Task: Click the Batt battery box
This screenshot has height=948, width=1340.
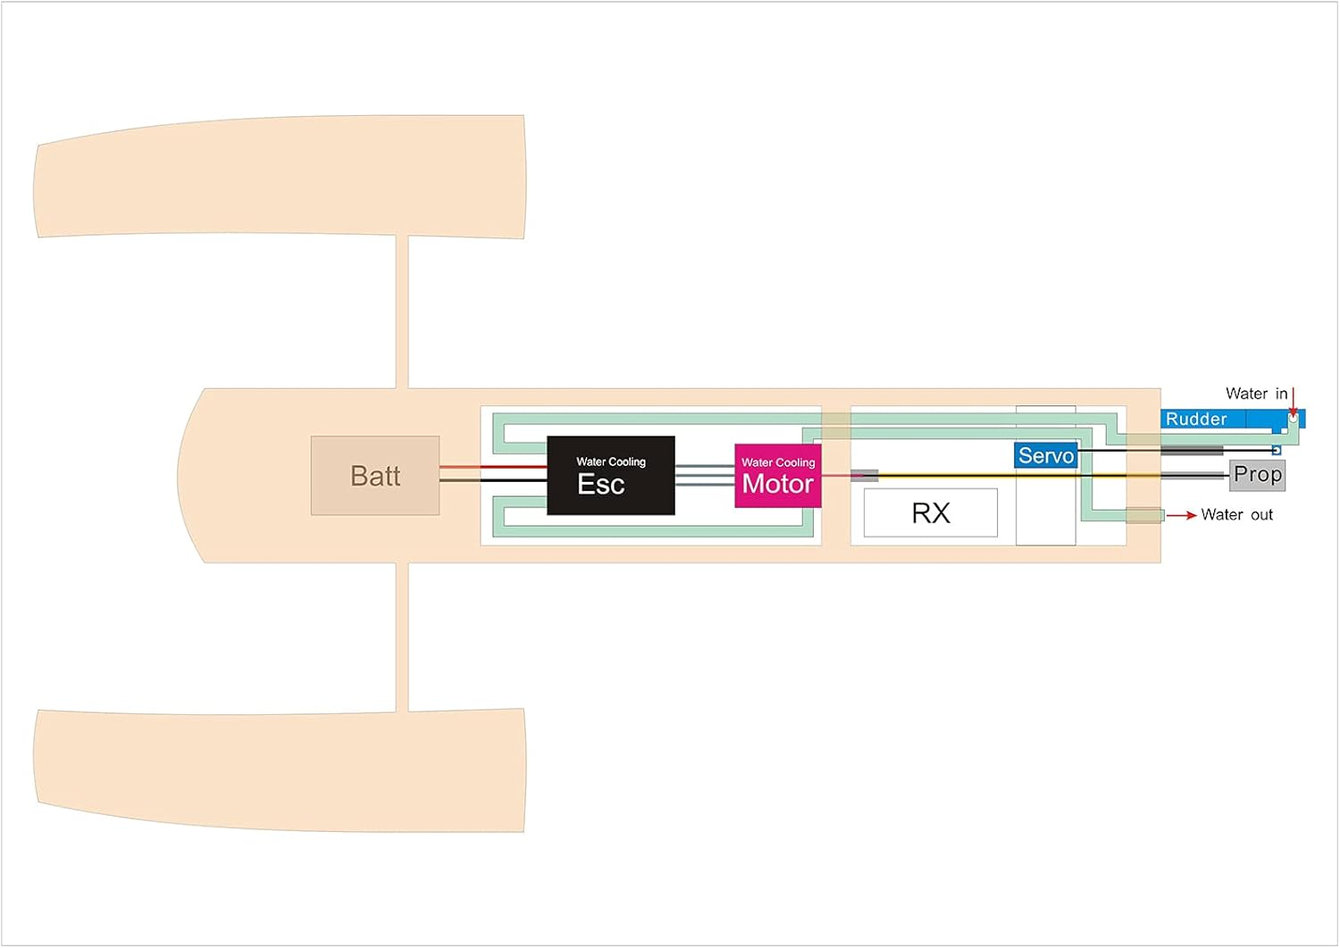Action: pos(375,476)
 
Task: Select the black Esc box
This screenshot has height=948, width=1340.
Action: pos(610,476)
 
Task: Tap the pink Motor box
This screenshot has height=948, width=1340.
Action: pos(777,476)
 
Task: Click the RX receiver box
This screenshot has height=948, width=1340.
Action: pos(930,513)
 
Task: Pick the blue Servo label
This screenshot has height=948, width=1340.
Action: pos(1045,455)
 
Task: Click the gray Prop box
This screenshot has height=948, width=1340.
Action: pos(1257,475)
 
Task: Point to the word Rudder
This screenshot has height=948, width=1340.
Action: pos(1196,419)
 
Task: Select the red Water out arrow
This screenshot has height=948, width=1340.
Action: pos(1181,515)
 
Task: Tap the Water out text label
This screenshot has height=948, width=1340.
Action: pos(1237,514)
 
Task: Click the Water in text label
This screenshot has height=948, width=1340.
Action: pos(1256,394)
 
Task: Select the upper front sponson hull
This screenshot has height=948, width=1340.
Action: pos(279,176)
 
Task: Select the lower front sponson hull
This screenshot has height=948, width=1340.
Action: pos(279,770)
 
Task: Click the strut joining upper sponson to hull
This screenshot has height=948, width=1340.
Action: pos(402,312)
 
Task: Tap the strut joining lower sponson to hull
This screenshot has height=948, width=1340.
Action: pos(402,636)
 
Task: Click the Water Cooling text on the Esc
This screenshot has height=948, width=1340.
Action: pos(611,462)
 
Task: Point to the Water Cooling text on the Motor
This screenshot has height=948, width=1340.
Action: pos(778,462)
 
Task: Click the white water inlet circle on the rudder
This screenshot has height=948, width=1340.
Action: pos(1292,418)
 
